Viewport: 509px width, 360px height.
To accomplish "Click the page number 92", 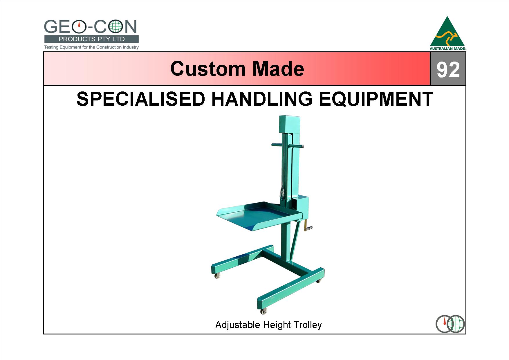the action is pos(448,70).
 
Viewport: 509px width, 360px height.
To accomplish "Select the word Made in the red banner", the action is pos(278,69).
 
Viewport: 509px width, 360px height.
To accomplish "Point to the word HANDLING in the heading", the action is pos(262,99).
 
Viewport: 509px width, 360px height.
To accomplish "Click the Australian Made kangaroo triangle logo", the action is pos(448,33).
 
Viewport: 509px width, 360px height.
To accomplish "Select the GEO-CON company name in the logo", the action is pos(91,27).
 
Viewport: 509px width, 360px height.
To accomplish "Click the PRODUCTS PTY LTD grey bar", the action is pos(91,39).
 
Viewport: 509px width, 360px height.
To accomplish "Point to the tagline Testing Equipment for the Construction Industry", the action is pos(91,47).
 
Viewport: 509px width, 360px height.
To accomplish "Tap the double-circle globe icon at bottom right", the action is pos(450,324).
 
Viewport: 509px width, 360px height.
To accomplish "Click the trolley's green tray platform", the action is pos(260,216).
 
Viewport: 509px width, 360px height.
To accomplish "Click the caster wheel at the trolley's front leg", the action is pos(263,311).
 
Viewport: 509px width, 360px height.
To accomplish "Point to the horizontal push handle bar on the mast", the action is pos(288,145).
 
